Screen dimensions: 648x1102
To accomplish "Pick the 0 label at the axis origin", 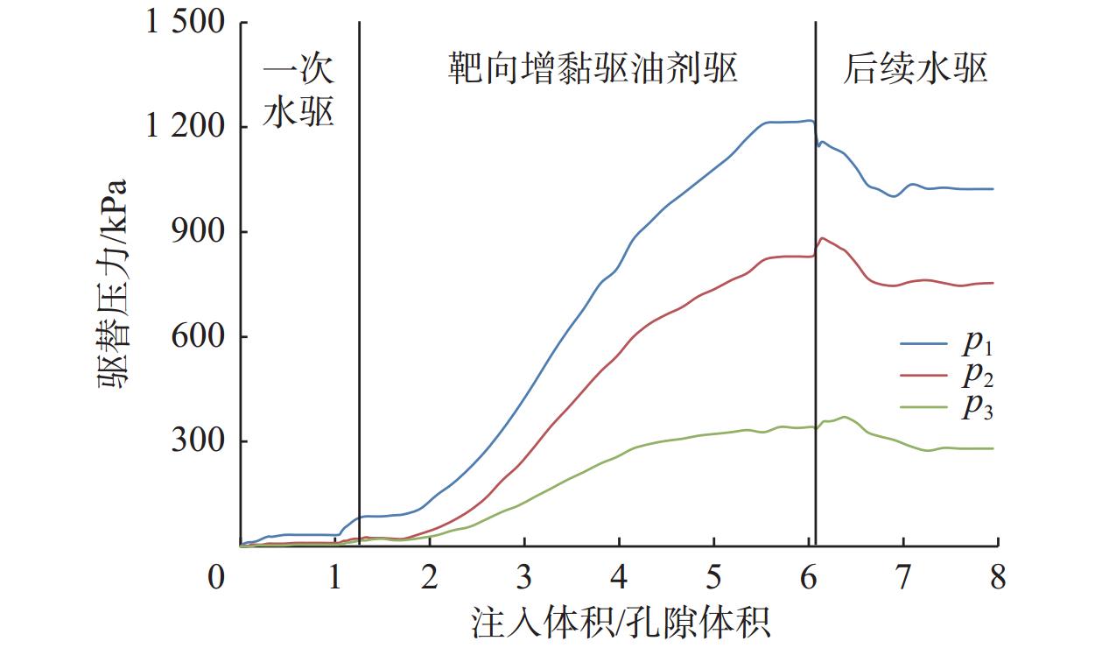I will click(x=215, y=579).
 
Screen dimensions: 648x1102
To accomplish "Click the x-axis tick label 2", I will click(x=430, y=579).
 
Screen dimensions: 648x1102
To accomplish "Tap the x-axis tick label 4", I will click(x=619, y=579).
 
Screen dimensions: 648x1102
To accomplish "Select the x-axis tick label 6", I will click(x=808, y=579).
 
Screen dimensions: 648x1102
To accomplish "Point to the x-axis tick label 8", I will click(x=998, y=579).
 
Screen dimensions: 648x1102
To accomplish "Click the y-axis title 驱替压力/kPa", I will click(x=113, y=285).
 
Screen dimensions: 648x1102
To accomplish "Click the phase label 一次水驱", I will click(x=299, y=92).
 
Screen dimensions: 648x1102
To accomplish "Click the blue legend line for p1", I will click(x=923, y=344).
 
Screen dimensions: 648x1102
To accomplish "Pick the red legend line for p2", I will click(x=923, y=376).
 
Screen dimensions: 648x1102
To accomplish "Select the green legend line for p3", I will click(x=923, y=407).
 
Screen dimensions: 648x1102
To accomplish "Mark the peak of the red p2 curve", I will click(x=822, y=237).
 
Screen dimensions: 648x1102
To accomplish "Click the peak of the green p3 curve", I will click(x=844, y=417).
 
